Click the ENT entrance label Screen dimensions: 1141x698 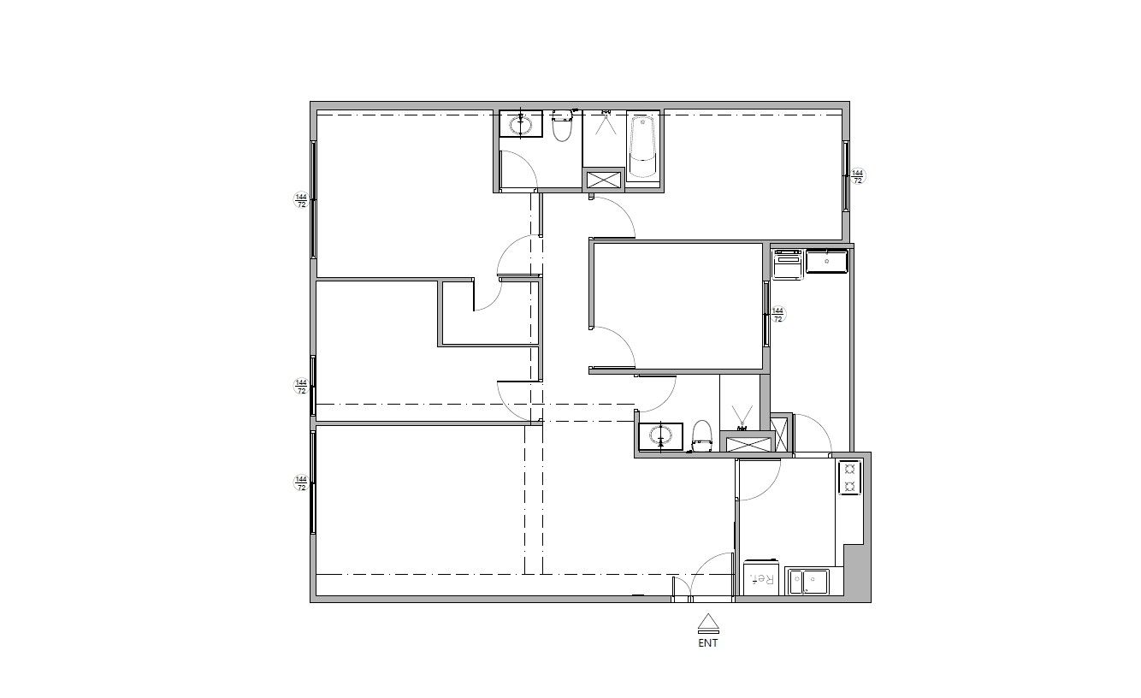pos(707,643)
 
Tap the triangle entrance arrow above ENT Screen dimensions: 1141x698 pos(707,623)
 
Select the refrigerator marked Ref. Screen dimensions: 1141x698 pos(761,577)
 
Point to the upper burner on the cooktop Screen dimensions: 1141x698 pos(849,468)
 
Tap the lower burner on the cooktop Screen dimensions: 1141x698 pos(849,487)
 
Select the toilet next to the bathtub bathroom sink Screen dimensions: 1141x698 pos(562,126)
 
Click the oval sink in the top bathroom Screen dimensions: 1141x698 pos(521,124)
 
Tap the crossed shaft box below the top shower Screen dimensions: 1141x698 pos(604,180)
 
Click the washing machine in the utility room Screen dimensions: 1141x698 pos(788,264)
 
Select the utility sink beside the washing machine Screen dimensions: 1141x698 pos(827,261)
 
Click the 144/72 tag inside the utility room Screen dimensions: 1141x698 pos(777,315)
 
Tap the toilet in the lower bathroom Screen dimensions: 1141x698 pos(702,436)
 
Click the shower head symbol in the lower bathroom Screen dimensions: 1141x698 pos(742,417)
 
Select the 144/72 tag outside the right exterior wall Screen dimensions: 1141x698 pos(858,176)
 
